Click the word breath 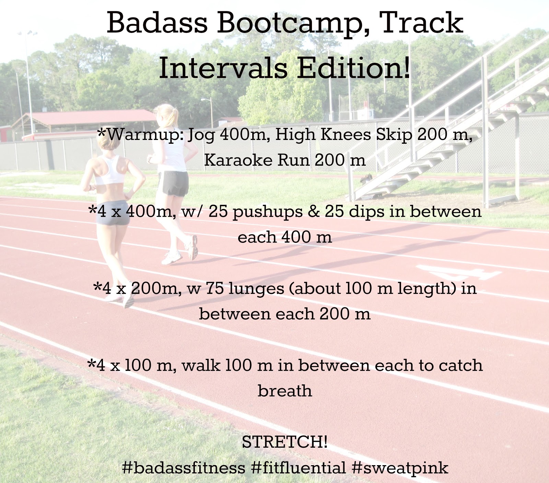coord(285,390)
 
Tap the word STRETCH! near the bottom coord(285,442)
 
